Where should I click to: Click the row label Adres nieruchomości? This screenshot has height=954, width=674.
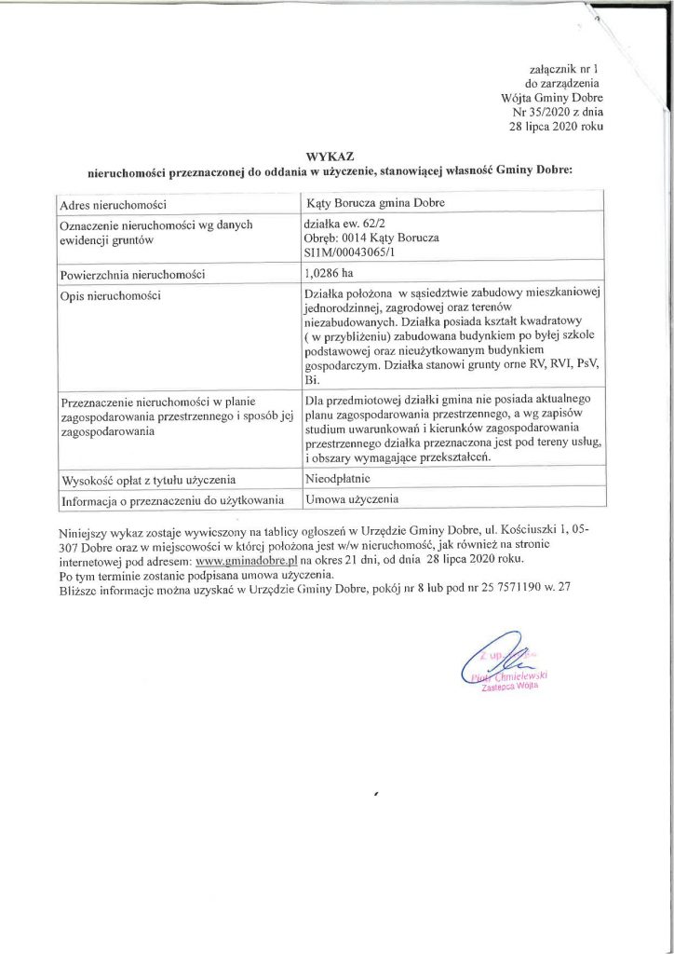tap(113, 204)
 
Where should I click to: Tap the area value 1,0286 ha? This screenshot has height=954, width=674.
tap(330, 274)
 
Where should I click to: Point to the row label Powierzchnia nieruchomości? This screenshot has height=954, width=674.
tap(131, 275)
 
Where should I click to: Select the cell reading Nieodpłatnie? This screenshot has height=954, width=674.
tap(338, 478)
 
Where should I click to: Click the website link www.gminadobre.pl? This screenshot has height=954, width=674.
tap(246, 561)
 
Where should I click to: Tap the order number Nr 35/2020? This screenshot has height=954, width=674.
tap(526, 110)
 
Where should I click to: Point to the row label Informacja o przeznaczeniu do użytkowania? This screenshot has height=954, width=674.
tap(169, 500)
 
